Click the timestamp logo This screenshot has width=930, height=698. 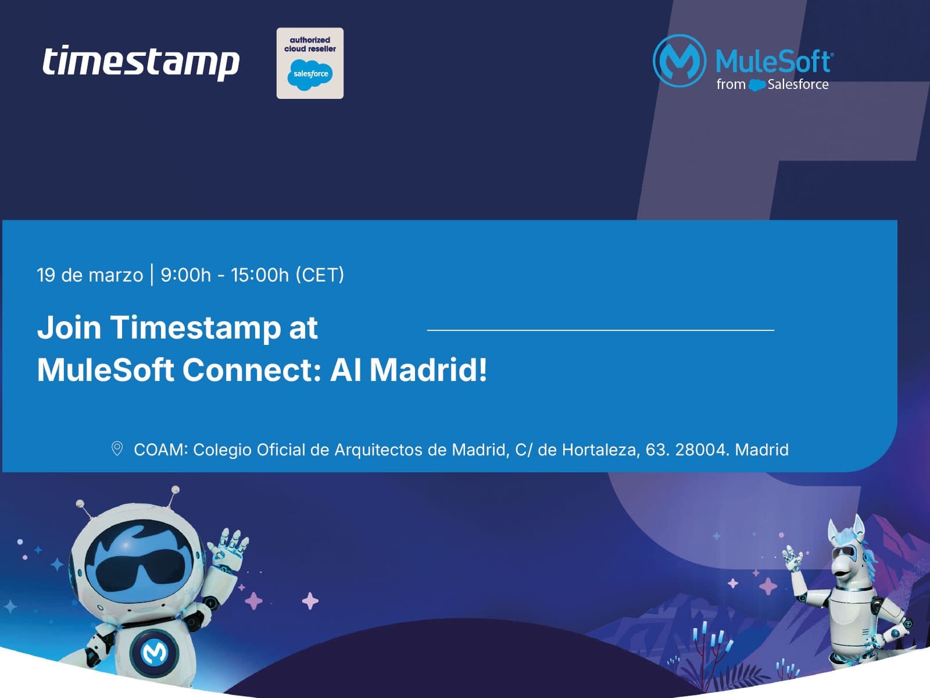click(141, 62)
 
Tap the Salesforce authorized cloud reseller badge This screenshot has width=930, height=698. click(310, 63)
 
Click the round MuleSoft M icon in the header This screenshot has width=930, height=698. click(679, 61)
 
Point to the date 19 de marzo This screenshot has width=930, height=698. click(90, 275)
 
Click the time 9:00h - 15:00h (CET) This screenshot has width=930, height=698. click(252, 275)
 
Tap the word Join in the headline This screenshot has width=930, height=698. click(69, 327)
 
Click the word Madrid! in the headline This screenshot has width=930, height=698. click(428, 370)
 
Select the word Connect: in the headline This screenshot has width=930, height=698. click(252, 370)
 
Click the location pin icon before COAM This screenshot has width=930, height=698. click(117, 448)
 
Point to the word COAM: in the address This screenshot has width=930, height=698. click(161, 450)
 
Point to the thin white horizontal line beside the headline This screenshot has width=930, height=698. click(600, 330)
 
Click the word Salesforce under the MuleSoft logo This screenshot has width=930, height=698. click(797, 85)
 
